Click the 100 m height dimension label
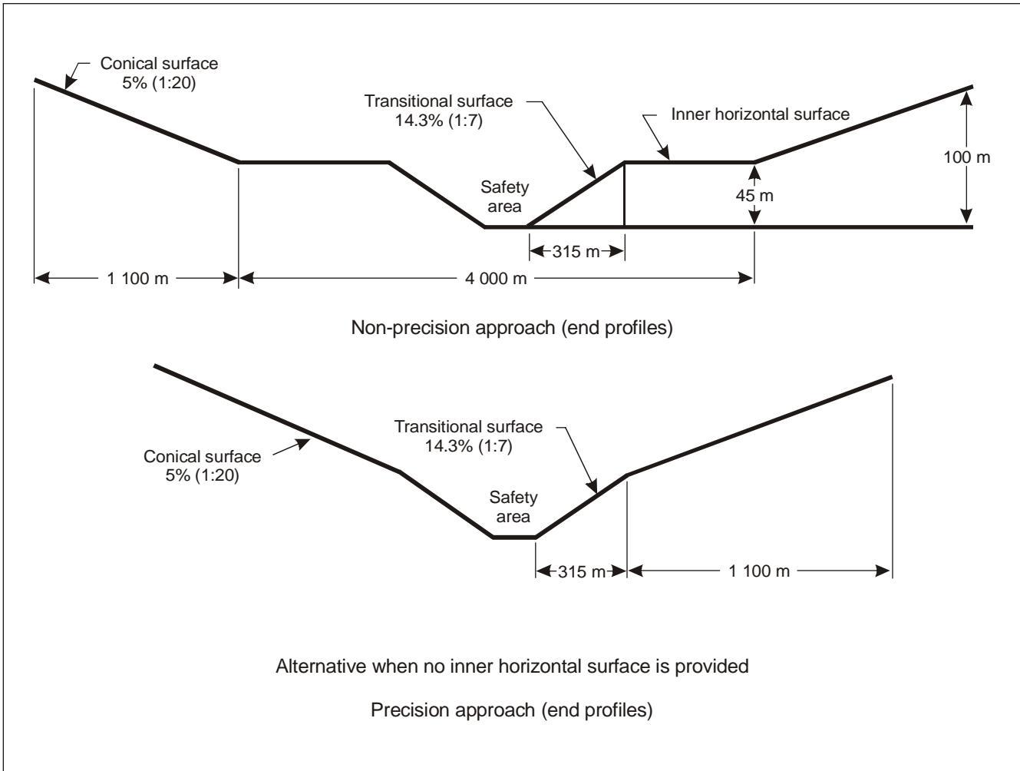click(966, 157)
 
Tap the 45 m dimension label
click(754, 196)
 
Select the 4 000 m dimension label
click(496, 279)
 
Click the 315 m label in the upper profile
click(576, 252)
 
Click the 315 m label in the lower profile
click(582, 571)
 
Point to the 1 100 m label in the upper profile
click(137, 279)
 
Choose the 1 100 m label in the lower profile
click(759, 571)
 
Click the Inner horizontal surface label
click(761, 114)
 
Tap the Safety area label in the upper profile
click(505, 197)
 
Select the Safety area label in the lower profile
click(513, 507)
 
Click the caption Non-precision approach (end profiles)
click(512, 328)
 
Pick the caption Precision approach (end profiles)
click(512, 710)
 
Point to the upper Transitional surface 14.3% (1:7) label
click(438, 111)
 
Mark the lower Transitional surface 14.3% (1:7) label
click(468, 436)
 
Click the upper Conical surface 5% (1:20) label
click(159, 73)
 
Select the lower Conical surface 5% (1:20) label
click(202, 465)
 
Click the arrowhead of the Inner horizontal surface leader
click(665, 154)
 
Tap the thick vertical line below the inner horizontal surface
click(624, 194)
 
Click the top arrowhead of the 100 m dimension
click(966, 98)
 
